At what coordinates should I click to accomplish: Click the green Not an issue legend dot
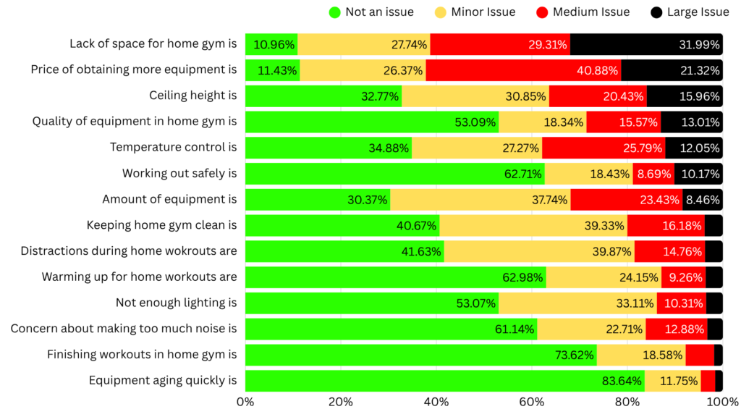(334, 12)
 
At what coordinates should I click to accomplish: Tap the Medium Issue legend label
(591, 12)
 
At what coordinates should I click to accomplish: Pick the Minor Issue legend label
(483, 12)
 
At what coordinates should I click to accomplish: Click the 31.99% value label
(699, 44)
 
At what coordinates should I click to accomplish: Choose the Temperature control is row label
(173, 148)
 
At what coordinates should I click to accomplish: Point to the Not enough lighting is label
(176, 303)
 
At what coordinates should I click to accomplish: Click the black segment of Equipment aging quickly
(719, 381)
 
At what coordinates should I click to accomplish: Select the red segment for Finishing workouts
(700, 355)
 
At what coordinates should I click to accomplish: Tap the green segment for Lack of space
(271, 44)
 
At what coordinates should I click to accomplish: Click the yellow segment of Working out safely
(588, 174)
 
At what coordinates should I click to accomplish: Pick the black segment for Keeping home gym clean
(714, 225)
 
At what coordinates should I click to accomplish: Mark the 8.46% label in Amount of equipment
(702, 199)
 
